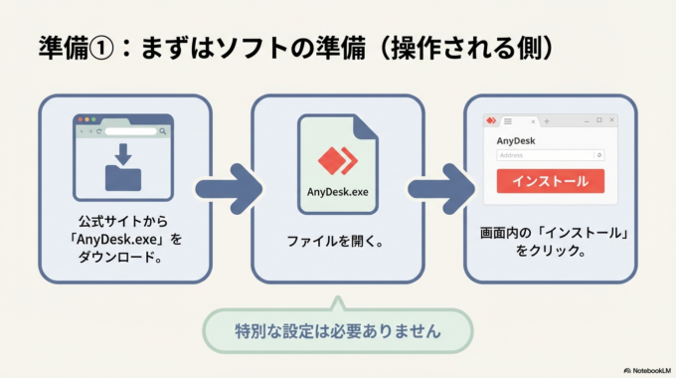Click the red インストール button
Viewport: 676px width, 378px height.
550,181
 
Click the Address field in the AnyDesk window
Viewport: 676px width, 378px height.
550,155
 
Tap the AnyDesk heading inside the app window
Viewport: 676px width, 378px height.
515,140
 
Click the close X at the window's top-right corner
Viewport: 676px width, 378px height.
611,120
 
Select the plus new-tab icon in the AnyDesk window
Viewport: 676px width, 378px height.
546,120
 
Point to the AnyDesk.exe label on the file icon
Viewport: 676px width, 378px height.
337,192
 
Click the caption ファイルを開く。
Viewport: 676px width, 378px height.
337,241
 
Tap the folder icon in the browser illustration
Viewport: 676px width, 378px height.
123,177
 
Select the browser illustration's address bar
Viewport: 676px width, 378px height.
129,130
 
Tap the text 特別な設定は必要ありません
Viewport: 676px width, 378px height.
337,328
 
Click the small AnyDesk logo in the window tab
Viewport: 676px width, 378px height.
490,120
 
